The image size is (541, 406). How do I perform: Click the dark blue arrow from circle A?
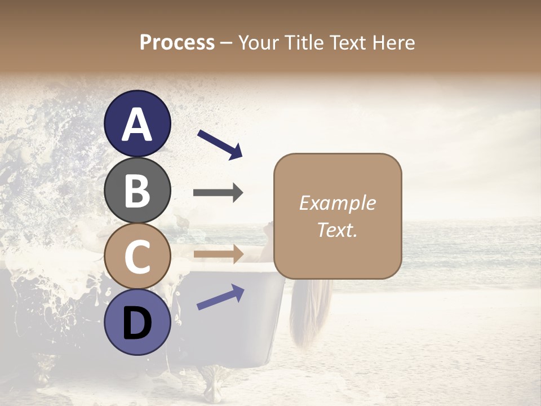point(220,144)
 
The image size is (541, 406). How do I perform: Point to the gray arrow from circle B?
point(218,193)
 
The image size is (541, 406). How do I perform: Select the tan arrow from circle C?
point(218,254)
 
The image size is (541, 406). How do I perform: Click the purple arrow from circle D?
point(220,297)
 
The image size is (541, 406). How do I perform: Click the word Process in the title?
point(177,42)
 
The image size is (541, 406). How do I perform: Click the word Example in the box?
point(337,203)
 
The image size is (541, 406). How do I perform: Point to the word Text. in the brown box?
point(337,230)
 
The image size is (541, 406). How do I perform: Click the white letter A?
point(138,124)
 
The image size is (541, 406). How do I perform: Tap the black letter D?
point(138,323)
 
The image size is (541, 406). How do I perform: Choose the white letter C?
point(138,256)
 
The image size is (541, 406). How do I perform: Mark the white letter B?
point(138,190)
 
